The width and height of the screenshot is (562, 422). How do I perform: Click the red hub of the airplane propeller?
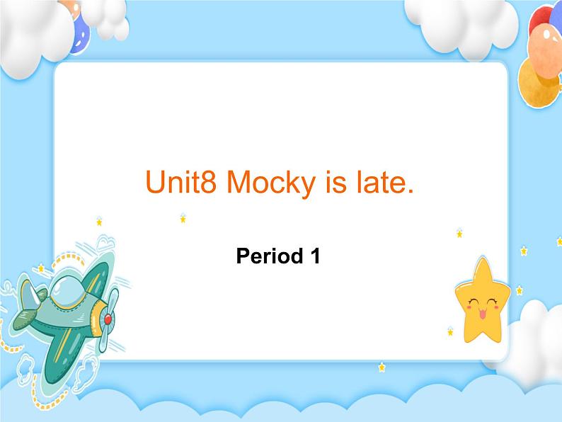(x=108, y=319)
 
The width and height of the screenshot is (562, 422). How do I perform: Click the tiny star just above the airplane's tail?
(x=40, y=268)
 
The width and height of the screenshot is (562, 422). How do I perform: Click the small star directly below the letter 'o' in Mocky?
(x=183, y=218)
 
